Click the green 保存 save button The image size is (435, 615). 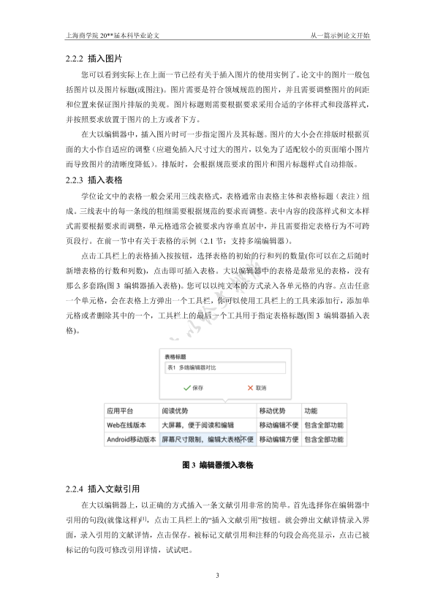click(194, 387)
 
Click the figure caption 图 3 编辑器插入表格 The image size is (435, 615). click(217, 465)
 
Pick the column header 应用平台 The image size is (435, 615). click(121, 411)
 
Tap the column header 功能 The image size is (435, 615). click(311, 411)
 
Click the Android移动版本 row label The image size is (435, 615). click(130, 440)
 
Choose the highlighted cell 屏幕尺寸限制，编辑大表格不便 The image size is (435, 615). click(207, 440)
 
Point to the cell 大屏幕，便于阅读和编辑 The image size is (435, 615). click(198, 425)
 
